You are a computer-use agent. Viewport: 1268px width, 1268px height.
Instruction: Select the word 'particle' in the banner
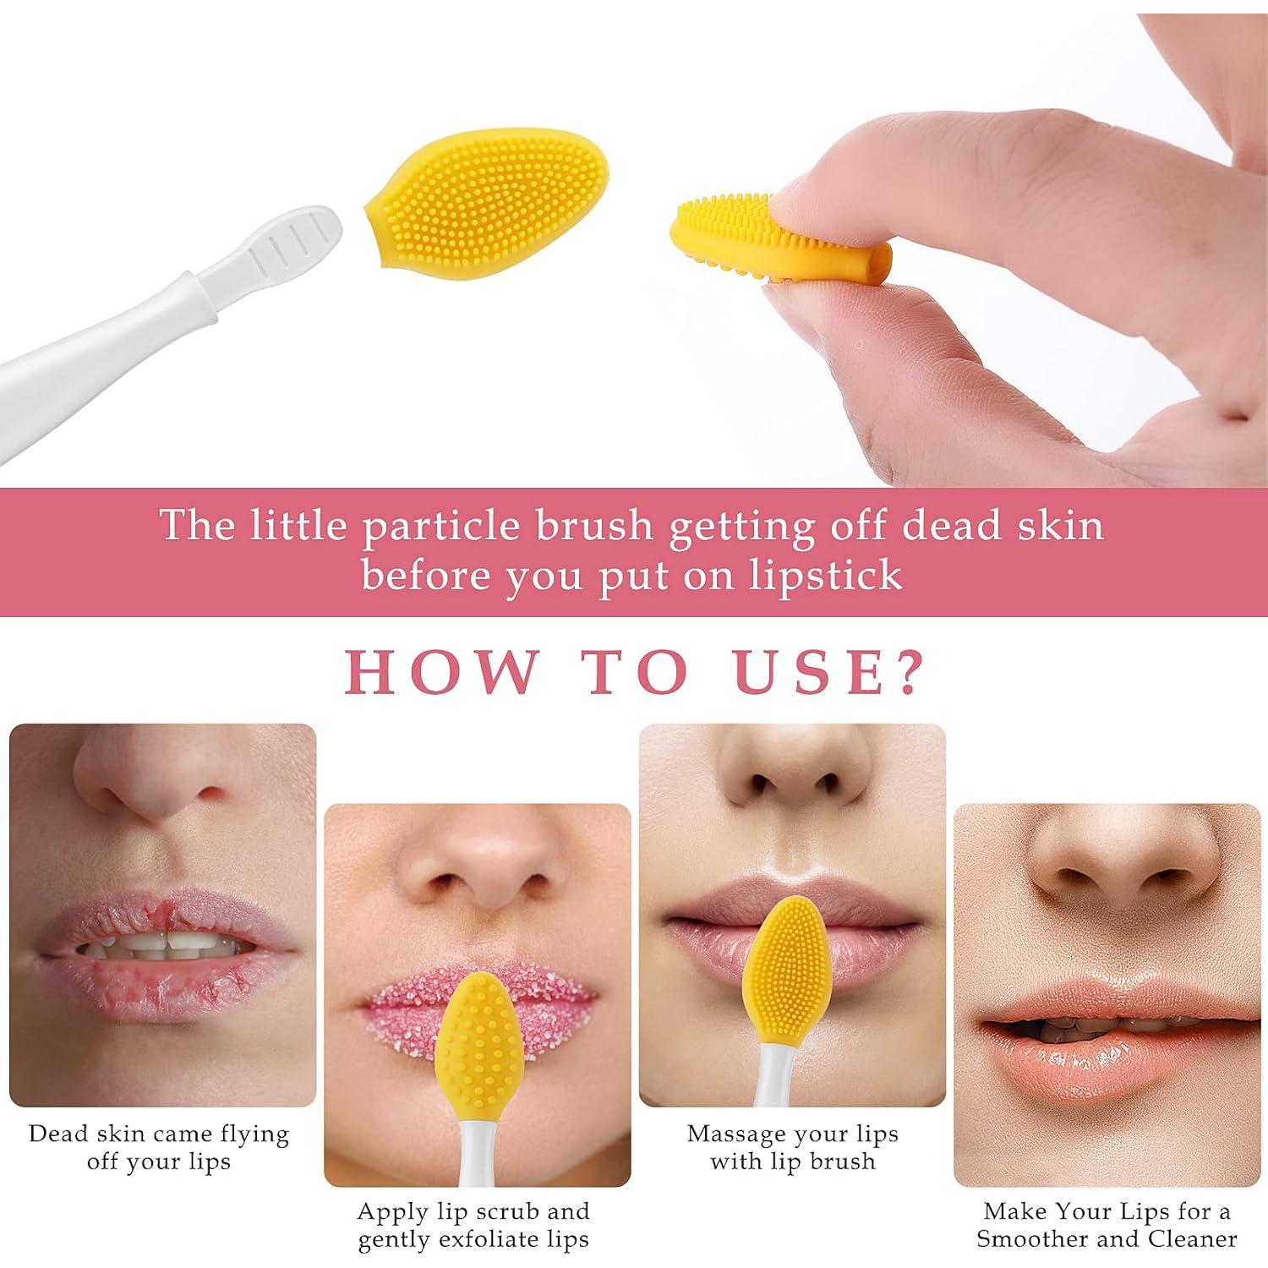coord(446,526)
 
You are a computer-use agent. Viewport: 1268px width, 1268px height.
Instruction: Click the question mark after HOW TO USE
coord(910,673)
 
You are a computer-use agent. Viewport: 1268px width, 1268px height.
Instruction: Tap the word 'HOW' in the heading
coord(440,673)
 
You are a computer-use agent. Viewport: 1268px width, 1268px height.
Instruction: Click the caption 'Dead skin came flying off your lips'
coord(159,1147)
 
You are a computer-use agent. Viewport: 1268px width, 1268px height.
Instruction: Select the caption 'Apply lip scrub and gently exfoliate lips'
coord(473,1225)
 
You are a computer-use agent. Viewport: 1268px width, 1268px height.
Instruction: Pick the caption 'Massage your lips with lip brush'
coord(792,1147)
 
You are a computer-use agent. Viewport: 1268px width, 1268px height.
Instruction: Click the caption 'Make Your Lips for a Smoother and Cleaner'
coord(1107,1225)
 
